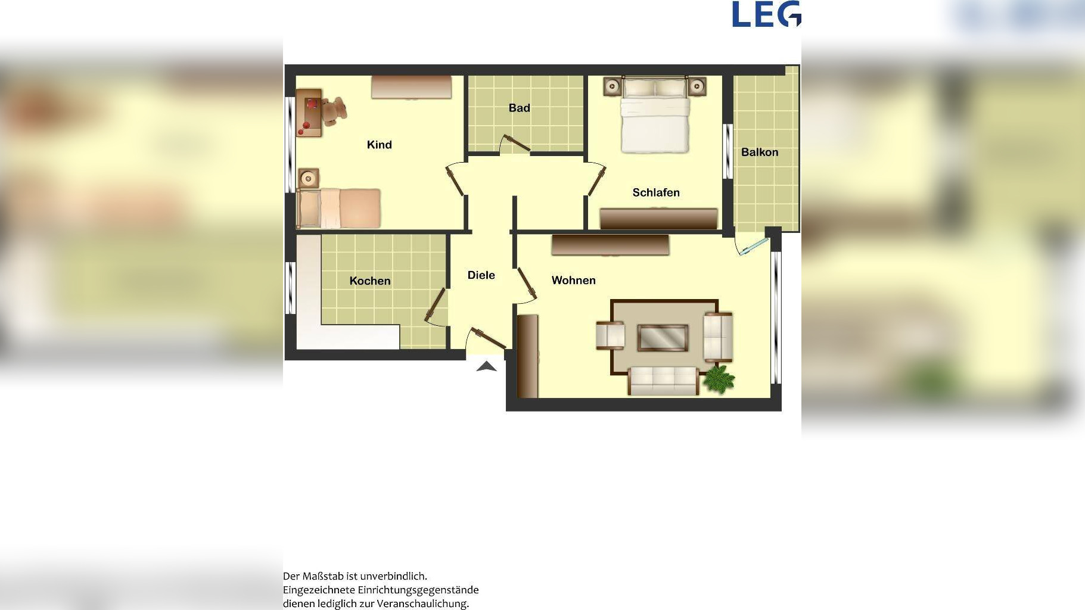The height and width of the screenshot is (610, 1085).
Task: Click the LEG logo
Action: [766, 14]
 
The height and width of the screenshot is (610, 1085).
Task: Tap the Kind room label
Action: [380, 145]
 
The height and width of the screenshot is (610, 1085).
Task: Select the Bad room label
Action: [519, 108]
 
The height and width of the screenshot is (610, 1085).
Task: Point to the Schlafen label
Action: [656, 192]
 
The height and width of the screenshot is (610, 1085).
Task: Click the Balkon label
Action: [760, 152]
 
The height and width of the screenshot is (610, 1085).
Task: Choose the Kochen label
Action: [370, 281]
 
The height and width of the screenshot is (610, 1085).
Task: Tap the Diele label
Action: [481, 275]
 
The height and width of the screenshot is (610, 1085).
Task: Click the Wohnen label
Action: [574, 280]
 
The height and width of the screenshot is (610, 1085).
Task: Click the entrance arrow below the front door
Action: [487, 366]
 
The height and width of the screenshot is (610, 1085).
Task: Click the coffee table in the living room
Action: [663, 338]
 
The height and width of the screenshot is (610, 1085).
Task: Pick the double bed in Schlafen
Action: [655, 115]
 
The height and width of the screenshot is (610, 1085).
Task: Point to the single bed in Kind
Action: [339, 208]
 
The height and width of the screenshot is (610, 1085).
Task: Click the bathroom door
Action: [515, 144]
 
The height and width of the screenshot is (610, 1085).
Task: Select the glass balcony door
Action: [753, 247]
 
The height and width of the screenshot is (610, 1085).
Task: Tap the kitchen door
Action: [436, 306]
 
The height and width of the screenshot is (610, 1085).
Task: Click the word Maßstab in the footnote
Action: [323, 576]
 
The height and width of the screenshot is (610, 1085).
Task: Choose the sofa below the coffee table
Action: [663, 381]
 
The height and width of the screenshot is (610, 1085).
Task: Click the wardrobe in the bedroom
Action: [658, 219]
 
